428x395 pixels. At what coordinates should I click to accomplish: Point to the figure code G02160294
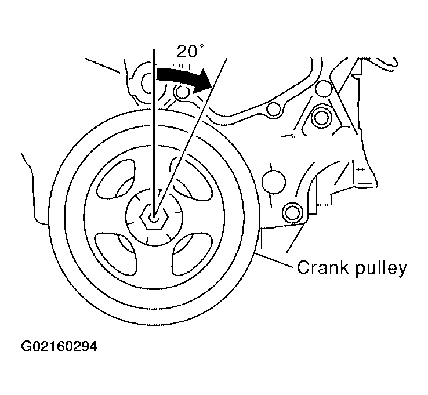tap(59, 347)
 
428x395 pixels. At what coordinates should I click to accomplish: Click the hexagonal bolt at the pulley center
tap(154, 218)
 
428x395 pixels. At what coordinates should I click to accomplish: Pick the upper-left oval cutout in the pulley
tap(116, 179)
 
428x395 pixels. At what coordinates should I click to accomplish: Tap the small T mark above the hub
tap(159, 191)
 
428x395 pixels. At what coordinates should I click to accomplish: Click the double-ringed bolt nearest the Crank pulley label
tap(292, 212)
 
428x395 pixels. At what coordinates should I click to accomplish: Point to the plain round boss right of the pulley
tap(274, 182)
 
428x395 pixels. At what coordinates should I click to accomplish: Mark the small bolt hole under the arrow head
tap(182, 92)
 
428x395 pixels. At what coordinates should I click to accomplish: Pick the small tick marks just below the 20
tap(182, 66)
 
